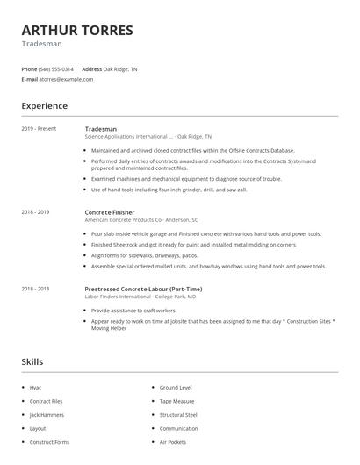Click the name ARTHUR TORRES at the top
(77, 30)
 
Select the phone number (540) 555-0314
(56, 68)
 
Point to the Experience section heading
(44, 106)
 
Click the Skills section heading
(32, 361)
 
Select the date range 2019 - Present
(39, 129)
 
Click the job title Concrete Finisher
(111, 212)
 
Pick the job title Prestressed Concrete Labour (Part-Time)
(144, 288)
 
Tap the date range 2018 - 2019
(36, 212)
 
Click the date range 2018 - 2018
(36, 288)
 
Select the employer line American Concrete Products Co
(140, 220)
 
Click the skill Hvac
(35, 387)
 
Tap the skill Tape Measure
(176, 401)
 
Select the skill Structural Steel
(178, 415)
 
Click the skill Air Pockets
(172, 443)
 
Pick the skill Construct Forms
(49, 443)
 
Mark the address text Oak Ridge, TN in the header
(120, 68)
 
